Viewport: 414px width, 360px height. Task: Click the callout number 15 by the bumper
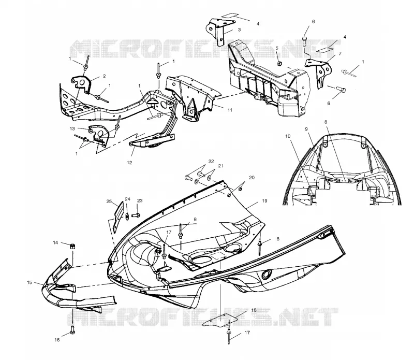(29, 282)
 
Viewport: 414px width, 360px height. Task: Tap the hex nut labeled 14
(72, 246)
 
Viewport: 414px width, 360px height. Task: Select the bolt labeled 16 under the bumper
(73, 329)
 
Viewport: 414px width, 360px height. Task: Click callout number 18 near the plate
(254, 310)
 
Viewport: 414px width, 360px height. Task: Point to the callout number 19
(264, 200)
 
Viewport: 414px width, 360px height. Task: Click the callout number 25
(109, 201)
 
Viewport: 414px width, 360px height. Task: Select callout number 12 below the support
(129, 163)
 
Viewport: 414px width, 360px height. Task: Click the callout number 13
(72, 128)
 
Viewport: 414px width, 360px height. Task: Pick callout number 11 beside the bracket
(230, 110)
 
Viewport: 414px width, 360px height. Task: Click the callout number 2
(105, 76)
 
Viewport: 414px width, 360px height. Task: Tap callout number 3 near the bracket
(239, 30)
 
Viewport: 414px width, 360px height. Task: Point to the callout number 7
(340, 54)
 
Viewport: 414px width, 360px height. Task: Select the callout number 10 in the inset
(288, 136)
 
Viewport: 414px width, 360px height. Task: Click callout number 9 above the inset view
(306, 129)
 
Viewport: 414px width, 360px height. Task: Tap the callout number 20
(252, 177)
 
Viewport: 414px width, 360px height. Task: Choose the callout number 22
(211, 161)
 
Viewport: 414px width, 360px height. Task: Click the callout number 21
(221, 166)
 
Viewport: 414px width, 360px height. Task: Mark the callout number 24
(127, 199)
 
